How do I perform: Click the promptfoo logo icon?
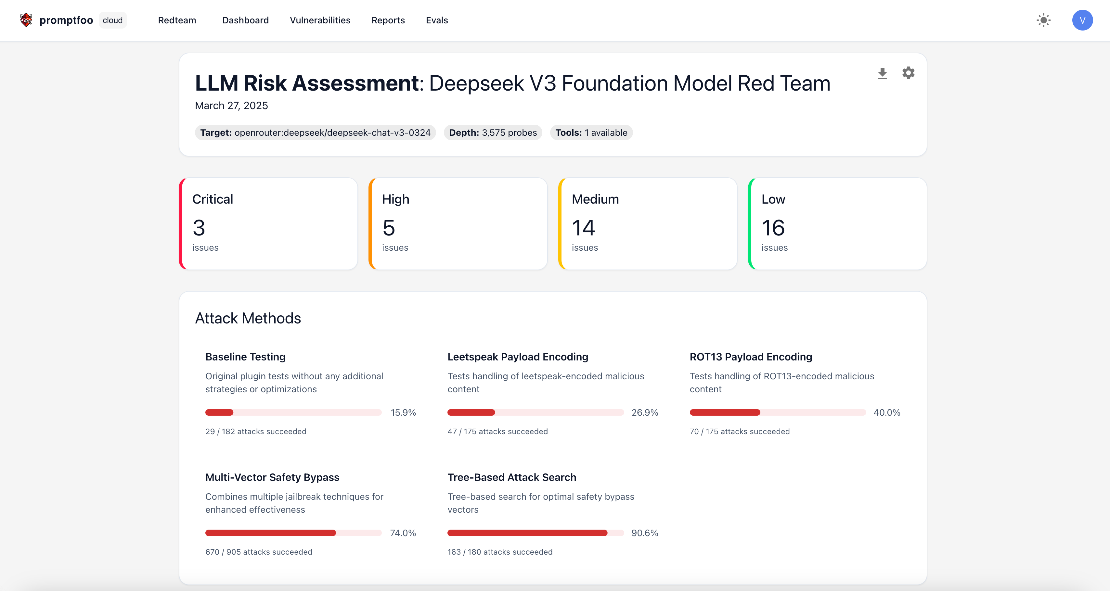[26, 20]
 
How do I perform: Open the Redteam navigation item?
[177, 20]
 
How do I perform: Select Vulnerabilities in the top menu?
[320, 20]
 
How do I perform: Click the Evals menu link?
[436, 20]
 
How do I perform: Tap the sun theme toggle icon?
[1043, 20]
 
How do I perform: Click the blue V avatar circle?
[1082, 20]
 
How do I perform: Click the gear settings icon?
[908, 73]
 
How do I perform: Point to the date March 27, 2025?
[231, 106]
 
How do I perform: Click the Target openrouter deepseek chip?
[315, 133]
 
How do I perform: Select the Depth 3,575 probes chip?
[493, 133]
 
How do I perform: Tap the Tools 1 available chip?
[591, 133]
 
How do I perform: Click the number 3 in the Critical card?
[199, 228]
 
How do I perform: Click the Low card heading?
[773, 199]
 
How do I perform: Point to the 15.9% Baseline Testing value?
[403, 413]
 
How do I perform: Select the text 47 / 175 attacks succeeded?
[497, 432]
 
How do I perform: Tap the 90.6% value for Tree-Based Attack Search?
[645, 533]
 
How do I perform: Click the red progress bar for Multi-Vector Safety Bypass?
[271, 533]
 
